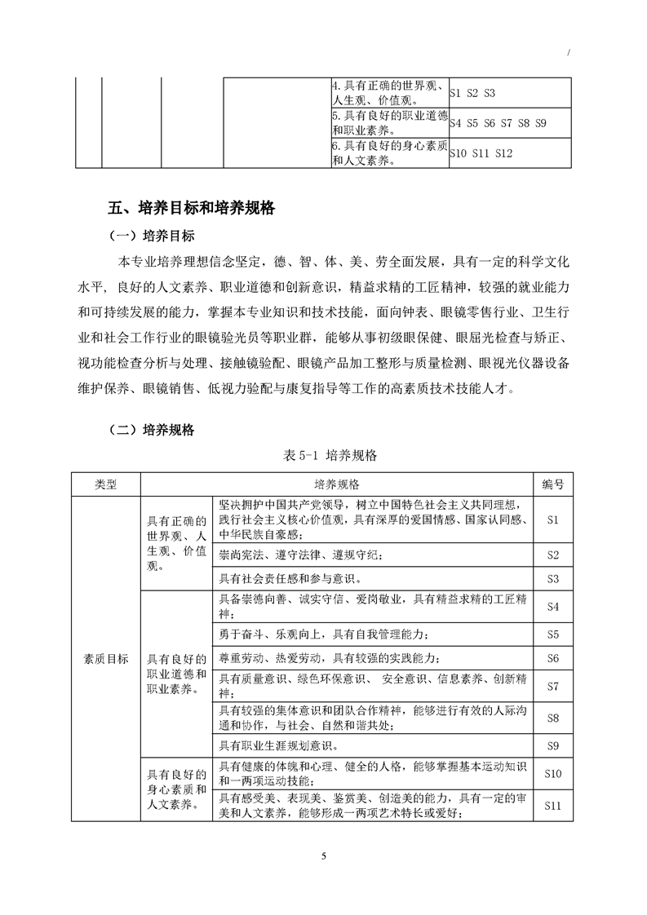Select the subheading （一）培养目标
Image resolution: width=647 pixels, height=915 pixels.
(152, 237)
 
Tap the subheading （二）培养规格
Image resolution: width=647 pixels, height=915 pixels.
(152, 431)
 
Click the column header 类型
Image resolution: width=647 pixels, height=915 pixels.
(106, 484)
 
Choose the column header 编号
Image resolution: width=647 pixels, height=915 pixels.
(552, 484)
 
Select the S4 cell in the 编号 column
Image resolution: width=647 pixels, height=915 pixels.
(552, 607)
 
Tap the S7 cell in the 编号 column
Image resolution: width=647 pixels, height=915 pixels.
(552, 686)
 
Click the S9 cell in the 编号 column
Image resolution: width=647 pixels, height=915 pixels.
(552, 745)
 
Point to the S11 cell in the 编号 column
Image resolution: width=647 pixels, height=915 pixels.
(552, 805)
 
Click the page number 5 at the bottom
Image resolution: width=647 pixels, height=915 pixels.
(324, 855)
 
